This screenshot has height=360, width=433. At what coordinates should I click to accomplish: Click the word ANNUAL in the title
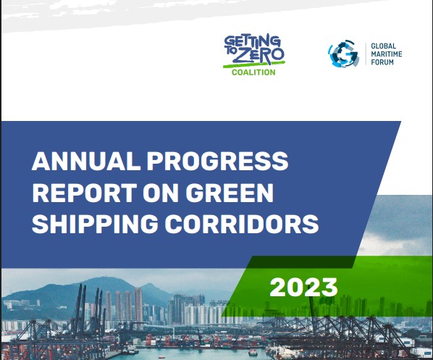coord(86,161)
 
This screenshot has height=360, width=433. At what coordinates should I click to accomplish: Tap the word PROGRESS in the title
coord(218,161)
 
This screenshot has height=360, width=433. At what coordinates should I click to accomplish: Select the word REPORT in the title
coord(85,193)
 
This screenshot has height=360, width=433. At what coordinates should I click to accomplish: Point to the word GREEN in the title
coord(230,193)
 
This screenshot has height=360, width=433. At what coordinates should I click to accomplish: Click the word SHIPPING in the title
coord(95,224)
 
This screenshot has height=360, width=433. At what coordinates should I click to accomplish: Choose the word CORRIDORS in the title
coord(242,224)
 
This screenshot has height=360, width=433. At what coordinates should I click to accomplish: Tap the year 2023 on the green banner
coord(303,288)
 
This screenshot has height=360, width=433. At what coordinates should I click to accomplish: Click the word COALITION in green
coord(253,72)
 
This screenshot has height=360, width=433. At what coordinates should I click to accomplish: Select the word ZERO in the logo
coord(258,55)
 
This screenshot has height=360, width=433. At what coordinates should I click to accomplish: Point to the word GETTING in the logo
coord(252,41)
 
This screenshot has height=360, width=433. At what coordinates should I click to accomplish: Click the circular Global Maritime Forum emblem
coord(343,54)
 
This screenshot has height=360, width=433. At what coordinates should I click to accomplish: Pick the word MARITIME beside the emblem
coord(387,54)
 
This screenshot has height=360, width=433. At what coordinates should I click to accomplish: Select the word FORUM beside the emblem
coord(382,62)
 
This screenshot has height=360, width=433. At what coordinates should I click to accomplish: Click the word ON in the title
coord(161,193)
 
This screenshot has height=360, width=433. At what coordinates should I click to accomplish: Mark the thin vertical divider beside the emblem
coord(366,54)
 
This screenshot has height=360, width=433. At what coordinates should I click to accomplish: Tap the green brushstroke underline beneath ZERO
coord(254,64)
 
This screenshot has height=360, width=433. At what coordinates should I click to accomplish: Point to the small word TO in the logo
coord(229,51)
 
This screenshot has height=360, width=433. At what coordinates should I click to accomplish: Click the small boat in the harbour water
coord(253,352)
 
